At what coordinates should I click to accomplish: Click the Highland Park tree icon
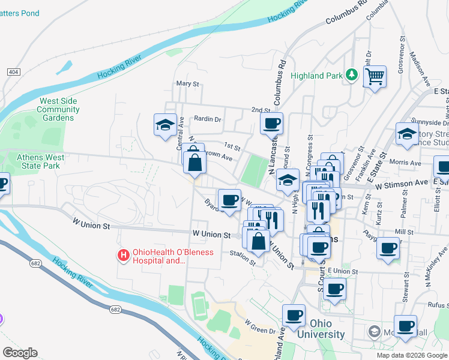[352, 76]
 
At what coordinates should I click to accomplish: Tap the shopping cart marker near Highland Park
[375, 77]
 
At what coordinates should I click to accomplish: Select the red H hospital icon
[124, 256]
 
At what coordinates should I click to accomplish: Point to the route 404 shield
[13, 72]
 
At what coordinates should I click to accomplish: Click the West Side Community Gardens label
[58, 109]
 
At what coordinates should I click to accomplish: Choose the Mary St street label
[187, 84]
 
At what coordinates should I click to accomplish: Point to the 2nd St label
[261, 110]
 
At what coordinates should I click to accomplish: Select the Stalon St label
[243, 253]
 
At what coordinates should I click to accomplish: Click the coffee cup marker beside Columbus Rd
[271, 124]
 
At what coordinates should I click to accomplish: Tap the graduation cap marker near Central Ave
[165, 125]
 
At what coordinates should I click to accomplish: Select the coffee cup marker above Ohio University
[294, 315]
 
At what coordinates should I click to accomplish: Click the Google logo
[20, 353]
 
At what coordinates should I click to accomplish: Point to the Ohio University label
[319, 329]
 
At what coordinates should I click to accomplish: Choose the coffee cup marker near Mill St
[388, 247]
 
